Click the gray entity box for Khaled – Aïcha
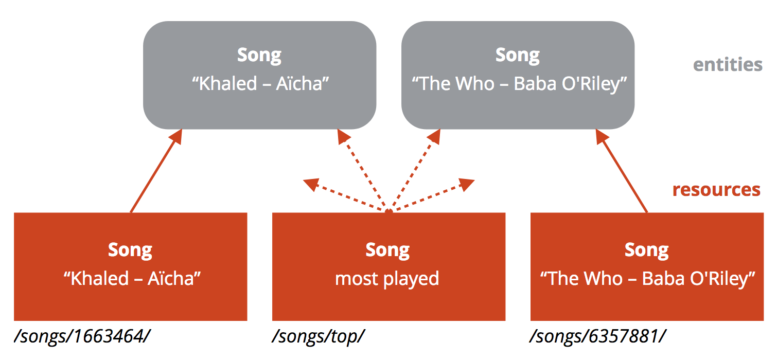[x=259, y=75]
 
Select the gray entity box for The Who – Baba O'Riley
[x=518, y=75]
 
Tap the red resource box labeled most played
[x=388, y=266]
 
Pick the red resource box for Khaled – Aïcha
[x=130, y=266]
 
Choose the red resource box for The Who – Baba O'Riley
[x=647, y=266]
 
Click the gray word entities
[x=728, y=64]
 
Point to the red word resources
[x=716, y=190]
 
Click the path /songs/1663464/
[x=82, y=336]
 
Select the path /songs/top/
[x=318, y=336]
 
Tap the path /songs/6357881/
[x=597, y=336]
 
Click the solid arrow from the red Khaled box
[x=156, y=171]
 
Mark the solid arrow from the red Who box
[x=622, y=171]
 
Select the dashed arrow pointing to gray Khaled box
[x=363, y=170]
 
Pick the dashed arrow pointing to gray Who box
[x=415, y=170]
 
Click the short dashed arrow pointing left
[x=345, y=194]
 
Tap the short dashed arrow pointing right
[x=432, y=194]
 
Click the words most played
[x=387, y=279]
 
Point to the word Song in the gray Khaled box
[x=259, y=56]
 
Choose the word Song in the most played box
[x=387, y=250]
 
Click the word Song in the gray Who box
[x=518, y=56]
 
